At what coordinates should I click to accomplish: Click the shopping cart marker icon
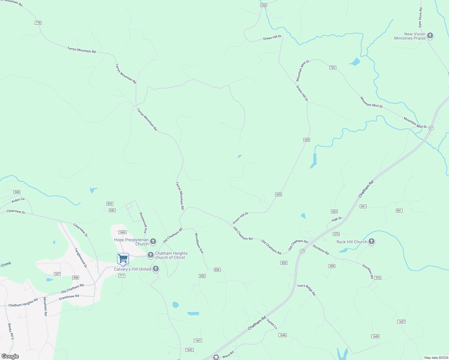pos(123,259)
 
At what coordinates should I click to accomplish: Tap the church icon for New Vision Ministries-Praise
pos(430,36)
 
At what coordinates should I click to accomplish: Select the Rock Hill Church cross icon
pos(371,242)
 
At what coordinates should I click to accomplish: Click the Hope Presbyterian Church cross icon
pos(153,241)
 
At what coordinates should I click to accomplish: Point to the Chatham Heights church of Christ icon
pos(150,255)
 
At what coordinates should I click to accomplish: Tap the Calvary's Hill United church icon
pos(155,269)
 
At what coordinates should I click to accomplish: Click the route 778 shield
pos(38,23)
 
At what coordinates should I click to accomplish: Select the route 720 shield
pos(333,67)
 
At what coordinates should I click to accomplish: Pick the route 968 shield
pos(17,192)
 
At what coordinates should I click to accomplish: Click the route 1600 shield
pos(122,232)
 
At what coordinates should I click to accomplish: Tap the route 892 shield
pos(284,263)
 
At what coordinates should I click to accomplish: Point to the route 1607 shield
pos(401,322)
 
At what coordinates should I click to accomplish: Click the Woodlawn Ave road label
pos(199,243)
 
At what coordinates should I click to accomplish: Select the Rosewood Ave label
pos(143,223)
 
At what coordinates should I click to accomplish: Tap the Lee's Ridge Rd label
pos(307,290)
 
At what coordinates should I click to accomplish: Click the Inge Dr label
pos(336,220)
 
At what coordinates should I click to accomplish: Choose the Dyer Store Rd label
pos(420,17)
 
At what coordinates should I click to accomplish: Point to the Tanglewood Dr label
pos(80,258)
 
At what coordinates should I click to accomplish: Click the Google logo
pos(10,356)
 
